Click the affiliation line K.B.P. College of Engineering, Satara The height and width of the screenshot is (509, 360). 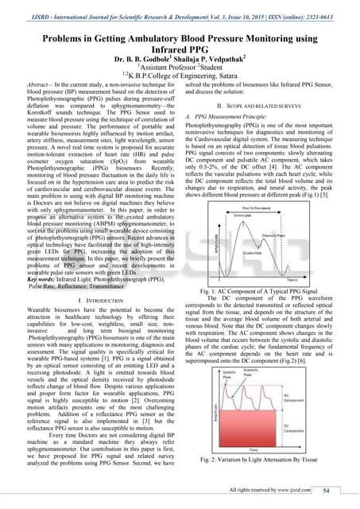tap(180, 77)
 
